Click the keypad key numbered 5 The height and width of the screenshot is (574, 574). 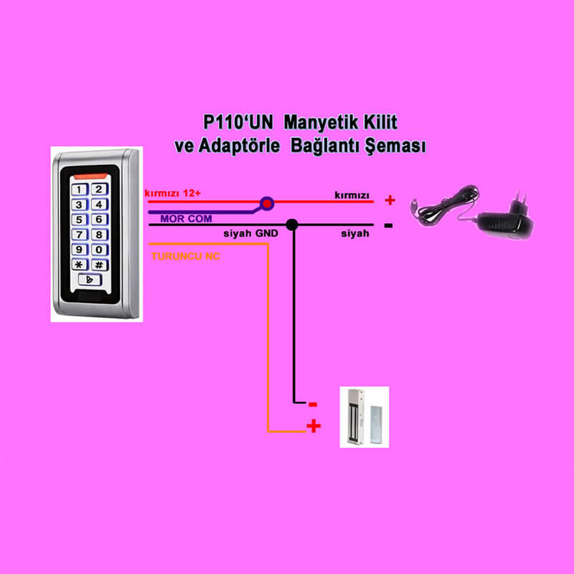click(80, 220)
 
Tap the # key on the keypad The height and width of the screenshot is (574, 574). click(99, 265)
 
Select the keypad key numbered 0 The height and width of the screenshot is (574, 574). click(99, 250)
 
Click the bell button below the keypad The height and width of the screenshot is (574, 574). click(90, 280)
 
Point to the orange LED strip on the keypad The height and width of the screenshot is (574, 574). click(90, 177)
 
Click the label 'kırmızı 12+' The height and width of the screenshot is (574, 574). click(173, 193)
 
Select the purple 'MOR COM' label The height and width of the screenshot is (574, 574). click(186, 219)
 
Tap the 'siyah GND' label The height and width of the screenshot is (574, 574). click(250, 233)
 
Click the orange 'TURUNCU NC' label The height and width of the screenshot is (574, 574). click(186, 256)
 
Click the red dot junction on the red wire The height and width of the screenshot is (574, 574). click(267, 203)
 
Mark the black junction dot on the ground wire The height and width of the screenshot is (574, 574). click(292, 225)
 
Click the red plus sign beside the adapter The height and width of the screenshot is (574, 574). click(390, 200)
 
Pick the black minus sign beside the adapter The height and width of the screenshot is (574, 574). click(388, 225)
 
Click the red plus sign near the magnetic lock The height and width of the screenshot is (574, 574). click(314, 425)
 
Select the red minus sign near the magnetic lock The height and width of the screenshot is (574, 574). click(313, 405)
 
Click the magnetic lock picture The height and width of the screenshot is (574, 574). click(364, 417)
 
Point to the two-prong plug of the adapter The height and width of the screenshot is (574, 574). click(522, 202)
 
